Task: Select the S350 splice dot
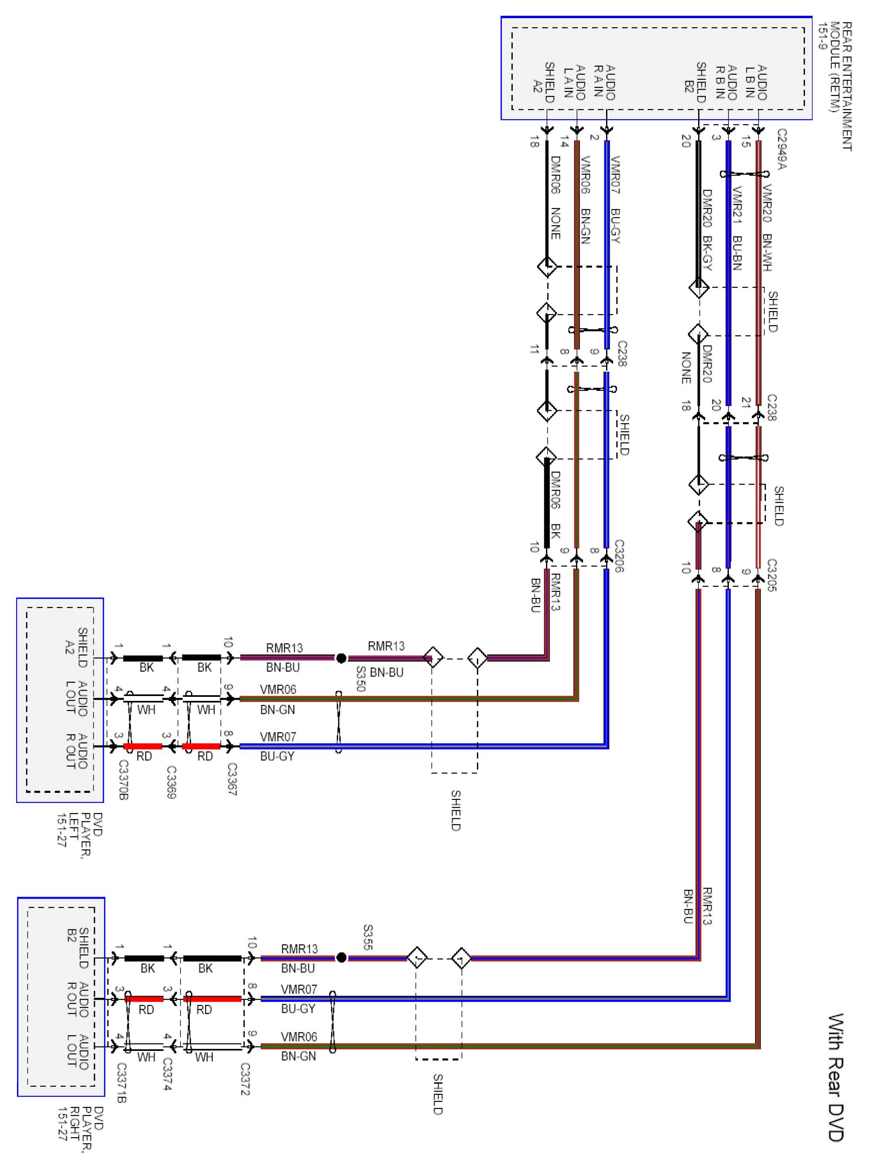click(341, 658)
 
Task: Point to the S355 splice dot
click(341, 958)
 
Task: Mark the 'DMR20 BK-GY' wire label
click(707, 230)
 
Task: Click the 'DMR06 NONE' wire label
click(555, 197)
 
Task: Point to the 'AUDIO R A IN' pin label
click(604, 82)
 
